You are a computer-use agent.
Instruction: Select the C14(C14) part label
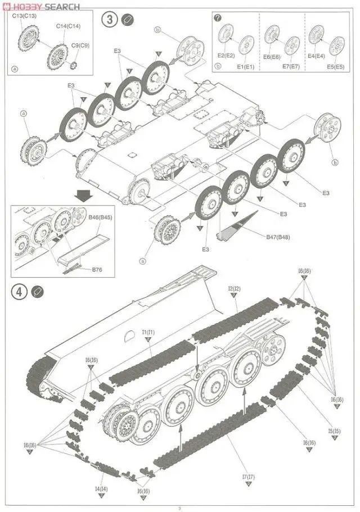click(68, 26)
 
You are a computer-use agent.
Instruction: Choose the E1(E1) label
click(245, 67)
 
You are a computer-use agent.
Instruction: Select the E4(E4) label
click(317, 56)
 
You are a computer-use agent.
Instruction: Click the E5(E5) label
click(336, 67)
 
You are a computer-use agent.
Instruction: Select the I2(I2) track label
click(234, 289)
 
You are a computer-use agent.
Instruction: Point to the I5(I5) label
click(334, 431)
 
